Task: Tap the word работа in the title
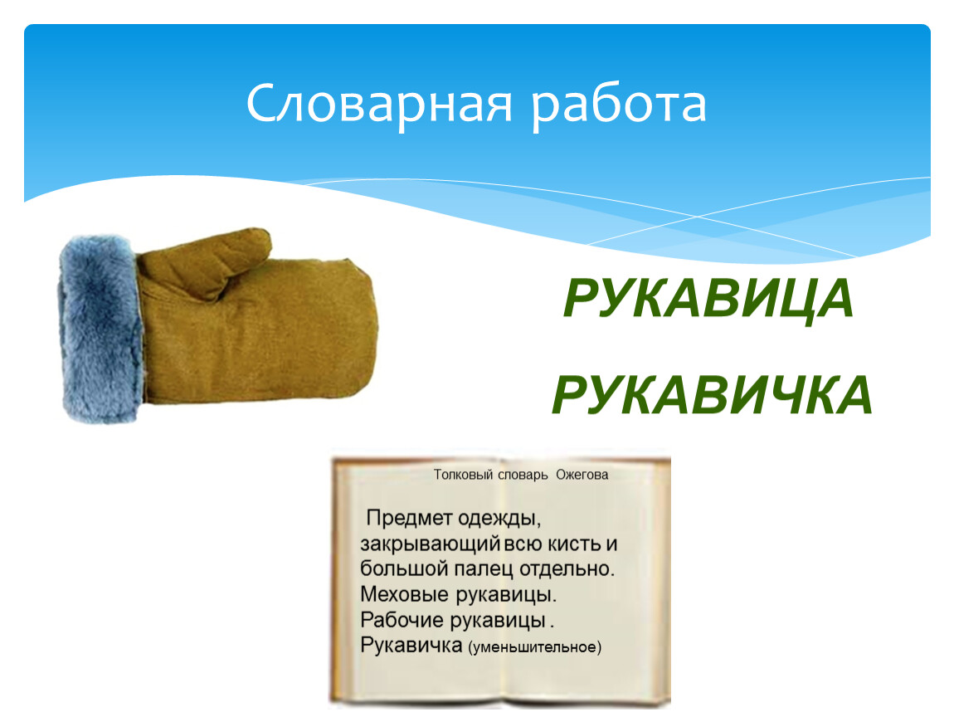(x=619, y=105)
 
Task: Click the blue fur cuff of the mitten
(x=100, y=329)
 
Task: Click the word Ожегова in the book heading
(x=582, y=475)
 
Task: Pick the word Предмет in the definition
(x=409, y=518)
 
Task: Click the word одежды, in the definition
(x=499, y=519)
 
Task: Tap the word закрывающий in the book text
(x=431, y=544)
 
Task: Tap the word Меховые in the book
(x=404, y=594)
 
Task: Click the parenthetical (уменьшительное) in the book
(x=535, y=647)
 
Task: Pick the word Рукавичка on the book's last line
(x=411, y=645)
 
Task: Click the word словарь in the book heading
(x=523, y=475)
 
